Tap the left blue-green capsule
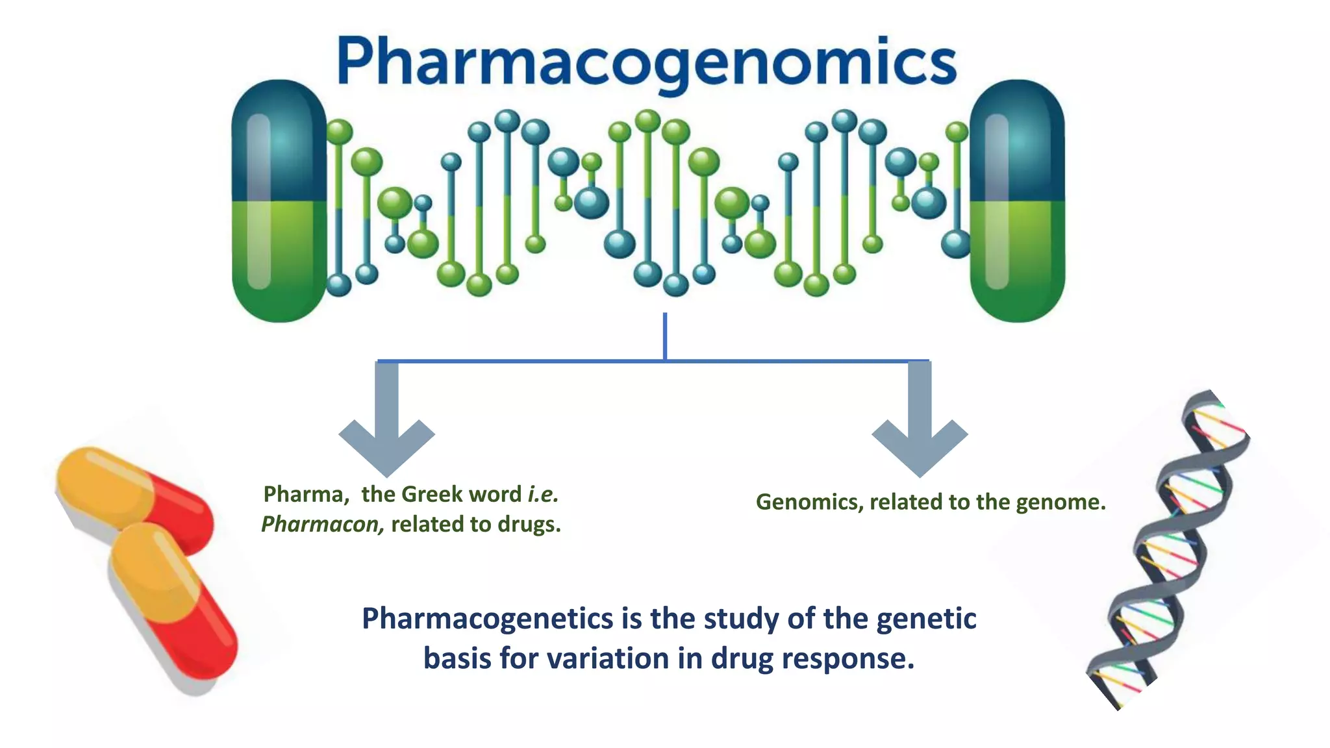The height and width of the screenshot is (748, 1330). (x=279, y=201)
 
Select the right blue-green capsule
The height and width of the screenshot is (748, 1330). (x=1017, y=201)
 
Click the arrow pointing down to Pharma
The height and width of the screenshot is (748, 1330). (x=387, y=422)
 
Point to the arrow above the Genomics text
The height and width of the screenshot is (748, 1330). (x=920, y=422)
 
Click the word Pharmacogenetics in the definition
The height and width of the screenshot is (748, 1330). (x=487, y=618)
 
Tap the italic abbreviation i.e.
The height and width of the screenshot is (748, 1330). (x=543, y=495)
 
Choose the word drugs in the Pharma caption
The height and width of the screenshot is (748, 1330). (x=529, y=524)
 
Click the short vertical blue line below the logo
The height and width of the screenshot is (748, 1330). (x=665, y=336)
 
